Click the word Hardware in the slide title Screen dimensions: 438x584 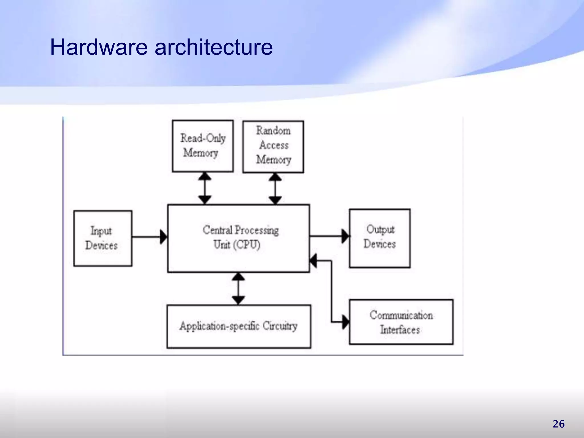[99, 47]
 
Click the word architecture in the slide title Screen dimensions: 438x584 [214, 47]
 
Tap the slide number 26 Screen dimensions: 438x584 [558, 424]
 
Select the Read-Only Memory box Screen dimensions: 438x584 [203, 146]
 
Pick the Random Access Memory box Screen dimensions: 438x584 [273, 147]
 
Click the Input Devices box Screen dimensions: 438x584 [103, 238]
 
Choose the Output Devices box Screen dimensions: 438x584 [380, 238]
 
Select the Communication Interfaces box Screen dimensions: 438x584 [401, 322]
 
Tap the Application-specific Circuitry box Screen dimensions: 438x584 [239, 327]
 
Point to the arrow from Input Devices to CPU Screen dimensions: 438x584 [149, 237]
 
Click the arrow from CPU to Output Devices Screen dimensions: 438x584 [329, 236]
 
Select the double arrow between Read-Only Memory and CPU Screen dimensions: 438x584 [205, 188]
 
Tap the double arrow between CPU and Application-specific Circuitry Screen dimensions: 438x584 [238, 289]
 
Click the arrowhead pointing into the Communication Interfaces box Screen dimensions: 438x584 [345, 322]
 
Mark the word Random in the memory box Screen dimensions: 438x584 [273, 131]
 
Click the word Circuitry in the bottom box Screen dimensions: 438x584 [280, 326]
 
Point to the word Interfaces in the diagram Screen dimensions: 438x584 [400, 330]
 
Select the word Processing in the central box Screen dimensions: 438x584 [257, 230]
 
